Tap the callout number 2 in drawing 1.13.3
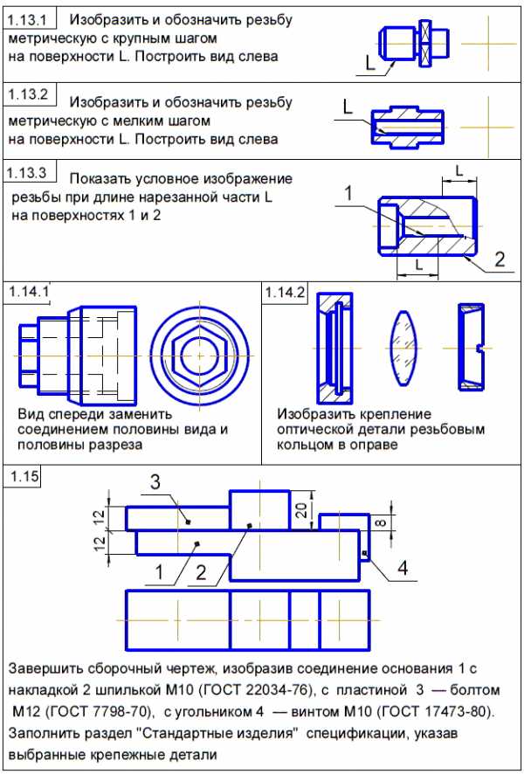click(500, 259)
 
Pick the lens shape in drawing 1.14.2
click(404, 347)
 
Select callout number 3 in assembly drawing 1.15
click(153, 483)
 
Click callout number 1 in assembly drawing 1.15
click(160, 573)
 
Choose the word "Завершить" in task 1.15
click(45, 669)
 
